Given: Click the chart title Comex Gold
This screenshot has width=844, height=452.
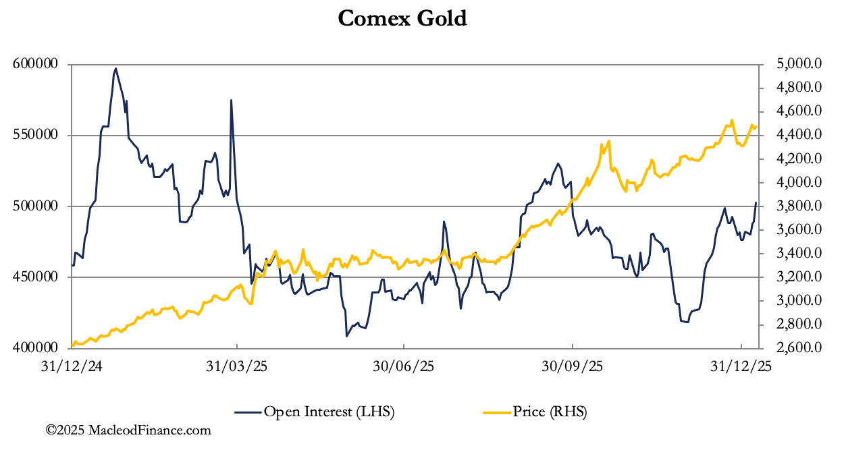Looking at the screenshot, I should [x=402, y=18].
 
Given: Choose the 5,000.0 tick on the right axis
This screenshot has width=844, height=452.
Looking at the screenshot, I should [x=799, y=64].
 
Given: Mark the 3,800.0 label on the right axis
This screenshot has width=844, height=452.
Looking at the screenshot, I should [x=799, y=206].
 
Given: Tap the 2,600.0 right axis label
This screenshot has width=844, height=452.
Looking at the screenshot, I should [x=799, y=347].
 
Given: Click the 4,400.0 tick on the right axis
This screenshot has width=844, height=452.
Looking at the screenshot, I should [x=799, y=135].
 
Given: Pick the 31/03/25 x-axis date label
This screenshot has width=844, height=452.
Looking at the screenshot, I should [x=236, y=367].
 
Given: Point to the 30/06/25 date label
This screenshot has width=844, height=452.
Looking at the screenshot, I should [x=403, y=367].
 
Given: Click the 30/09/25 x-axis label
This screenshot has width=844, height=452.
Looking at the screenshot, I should [x=572, y=367].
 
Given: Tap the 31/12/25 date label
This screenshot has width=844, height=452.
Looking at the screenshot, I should [x=741, y=367].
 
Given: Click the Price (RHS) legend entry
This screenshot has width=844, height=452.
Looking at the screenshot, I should [x=535, y=411].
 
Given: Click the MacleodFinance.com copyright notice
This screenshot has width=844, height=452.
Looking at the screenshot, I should [x=128, y=430].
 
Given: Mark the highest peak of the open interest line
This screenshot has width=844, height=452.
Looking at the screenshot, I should [x=115, y=68].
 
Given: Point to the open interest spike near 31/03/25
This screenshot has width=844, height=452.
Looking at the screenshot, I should [x=231, y=101].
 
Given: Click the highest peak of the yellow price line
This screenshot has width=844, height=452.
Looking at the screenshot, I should [x=732, y=121].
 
